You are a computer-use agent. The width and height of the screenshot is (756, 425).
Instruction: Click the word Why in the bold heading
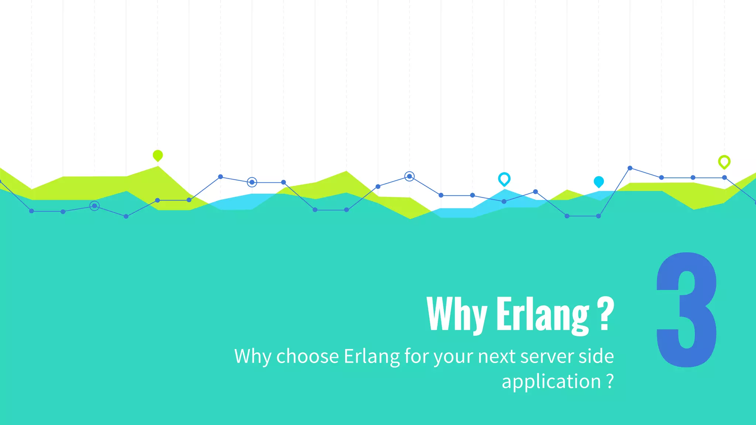tap(457, 314)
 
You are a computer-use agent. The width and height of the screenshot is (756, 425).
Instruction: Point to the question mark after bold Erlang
tap(605, 314)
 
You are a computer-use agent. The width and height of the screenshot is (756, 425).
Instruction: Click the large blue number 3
tap(687, 310)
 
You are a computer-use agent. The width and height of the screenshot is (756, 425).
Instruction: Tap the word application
tap(551, 382)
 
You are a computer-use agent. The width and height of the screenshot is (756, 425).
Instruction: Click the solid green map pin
tap(158, 155)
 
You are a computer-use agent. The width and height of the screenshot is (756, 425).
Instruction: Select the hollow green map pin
tap(724, 162)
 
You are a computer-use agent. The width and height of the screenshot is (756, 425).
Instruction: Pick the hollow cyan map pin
tap(504, 179)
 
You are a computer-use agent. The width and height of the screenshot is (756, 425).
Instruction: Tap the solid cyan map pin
tap(598, 182)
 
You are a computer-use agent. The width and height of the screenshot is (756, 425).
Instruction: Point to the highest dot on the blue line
tap(630, 168)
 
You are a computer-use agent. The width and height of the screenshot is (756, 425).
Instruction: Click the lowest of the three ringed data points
tap(94, 206)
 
